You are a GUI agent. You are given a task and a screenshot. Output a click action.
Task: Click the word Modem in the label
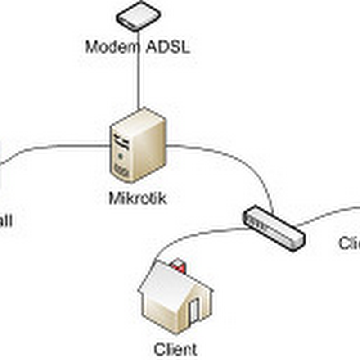pos(111,47)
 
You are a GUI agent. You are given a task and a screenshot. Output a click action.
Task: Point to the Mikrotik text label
pos(138,198)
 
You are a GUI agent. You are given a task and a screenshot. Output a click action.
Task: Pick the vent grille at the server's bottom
pos(121,171)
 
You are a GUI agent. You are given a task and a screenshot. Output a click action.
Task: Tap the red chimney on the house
pos(179,265)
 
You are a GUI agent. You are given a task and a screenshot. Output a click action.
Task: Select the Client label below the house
pos(175,349)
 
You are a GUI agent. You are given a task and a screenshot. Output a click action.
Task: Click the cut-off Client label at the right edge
pos(349,243)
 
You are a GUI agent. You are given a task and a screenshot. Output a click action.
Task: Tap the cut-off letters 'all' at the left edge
pos(5,221)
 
